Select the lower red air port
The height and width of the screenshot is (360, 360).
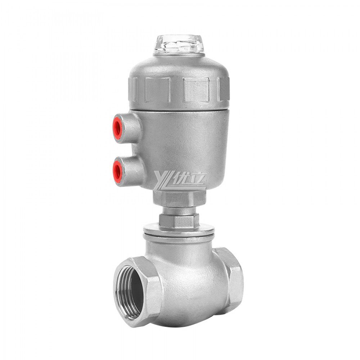click(117, 167)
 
